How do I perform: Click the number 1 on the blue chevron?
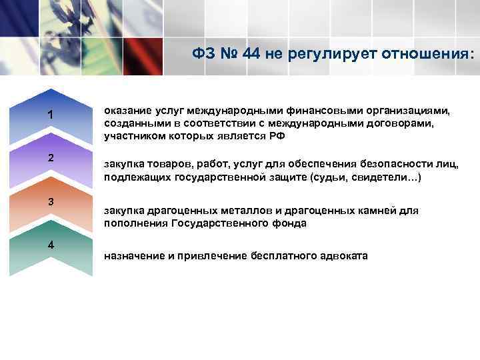click(51, 115)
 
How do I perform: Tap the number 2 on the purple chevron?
click(51, 158)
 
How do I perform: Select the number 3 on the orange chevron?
click(51, 201)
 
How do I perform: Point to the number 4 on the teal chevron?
click(51, 244)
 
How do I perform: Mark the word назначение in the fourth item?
click(134, 256)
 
